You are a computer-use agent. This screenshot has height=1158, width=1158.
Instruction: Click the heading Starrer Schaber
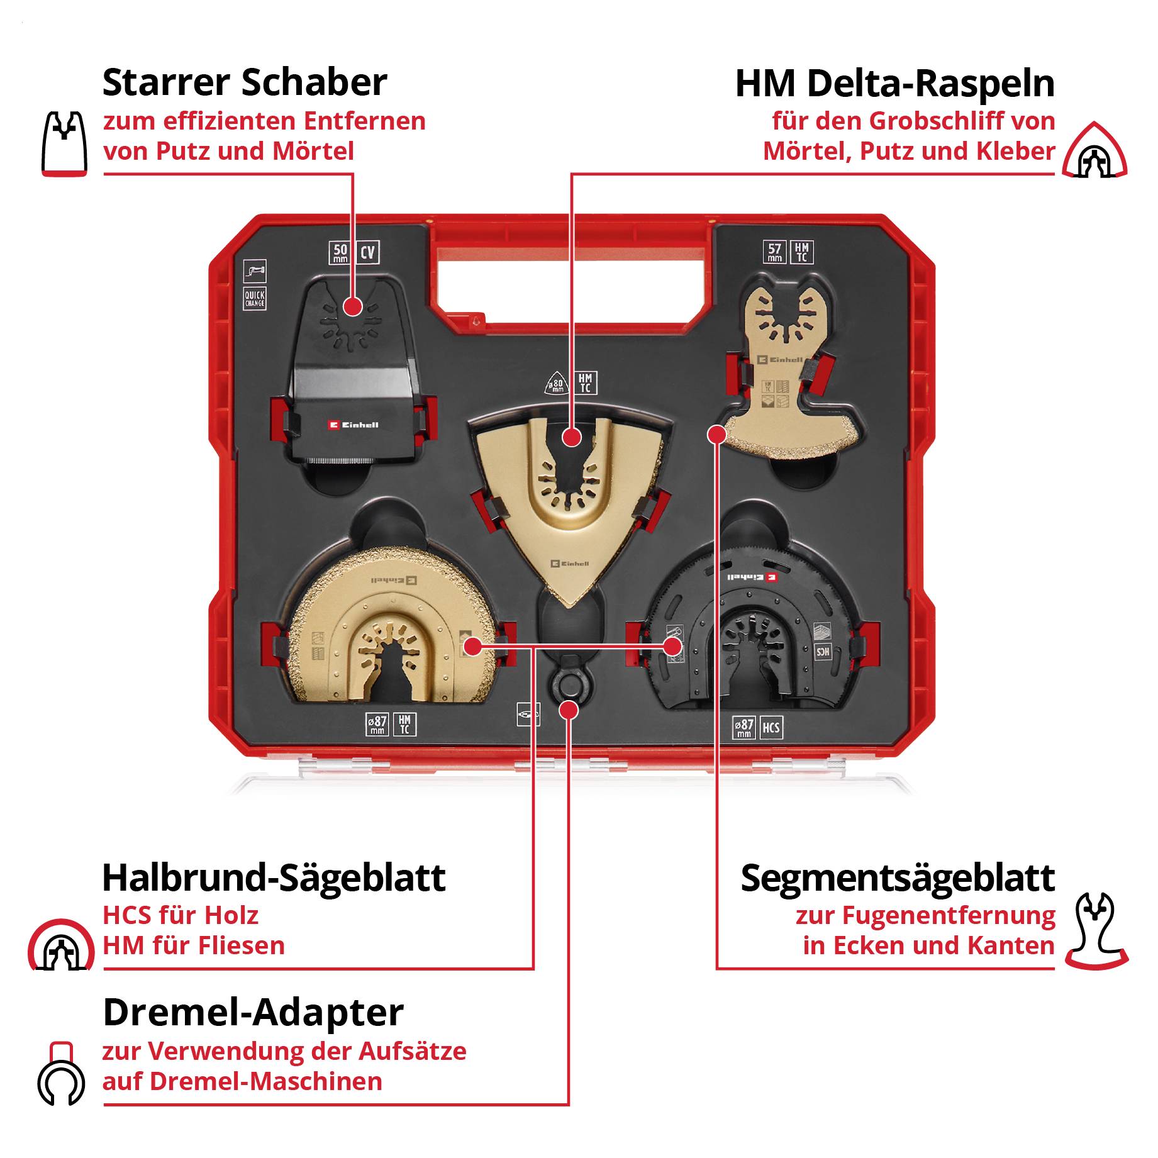tap(244, 82)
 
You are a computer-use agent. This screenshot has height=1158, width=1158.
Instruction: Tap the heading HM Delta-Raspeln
tap(894, 84)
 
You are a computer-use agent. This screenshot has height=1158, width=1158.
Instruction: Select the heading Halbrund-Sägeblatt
tap(274, 877)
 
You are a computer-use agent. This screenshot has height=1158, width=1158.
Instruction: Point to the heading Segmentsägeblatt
tap(897, 877)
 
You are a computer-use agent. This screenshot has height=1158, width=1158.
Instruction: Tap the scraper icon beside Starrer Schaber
tap(64, 144)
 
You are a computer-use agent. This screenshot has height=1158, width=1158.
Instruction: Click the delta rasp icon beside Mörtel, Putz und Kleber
tap(1094, 151)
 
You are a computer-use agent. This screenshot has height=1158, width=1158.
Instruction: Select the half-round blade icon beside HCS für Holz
tap(60, 945)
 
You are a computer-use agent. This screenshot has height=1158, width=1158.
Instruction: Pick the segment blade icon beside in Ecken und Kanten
tap(1096, 931)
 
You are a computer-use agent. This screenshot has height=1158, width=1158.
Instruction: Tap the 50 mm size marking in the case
tap(340, 253)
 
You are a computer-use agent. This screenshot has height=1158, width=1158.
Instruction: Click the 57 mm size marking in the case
tap(774, 252)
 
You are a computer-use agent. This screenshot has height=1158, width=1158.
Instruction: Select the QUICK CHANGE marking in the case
tap(255, 298)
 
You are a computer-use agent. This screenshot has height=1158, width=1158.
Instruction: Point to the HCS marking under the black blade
tap(771, 728)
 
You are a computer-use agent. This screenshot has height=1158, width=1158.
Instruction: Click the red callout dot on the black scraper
tap(353, 307)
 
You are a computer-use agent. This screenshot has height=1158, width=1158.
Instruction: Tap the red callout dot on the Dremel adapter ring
tap(569, 710)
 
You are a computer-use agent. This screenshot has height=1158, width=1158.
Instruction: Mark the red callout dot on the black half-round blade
tap(672, 646)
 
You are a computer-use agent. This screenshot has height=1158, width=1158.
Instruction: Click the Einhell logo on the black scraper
tap(354, 425)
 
